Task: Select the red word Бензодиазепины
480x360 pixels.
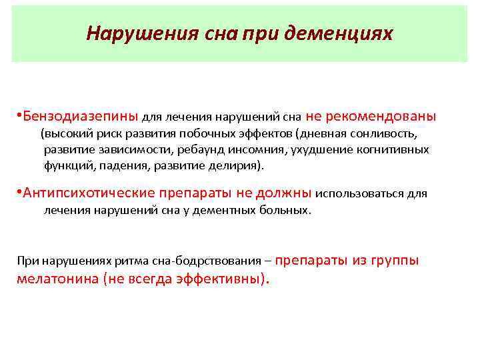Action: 81,116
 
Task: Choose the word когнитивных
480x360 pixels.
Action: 393,149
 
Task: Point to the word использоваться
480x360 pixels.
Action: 359,194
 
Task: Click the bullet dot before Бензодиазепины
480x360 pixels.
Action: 19,117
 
